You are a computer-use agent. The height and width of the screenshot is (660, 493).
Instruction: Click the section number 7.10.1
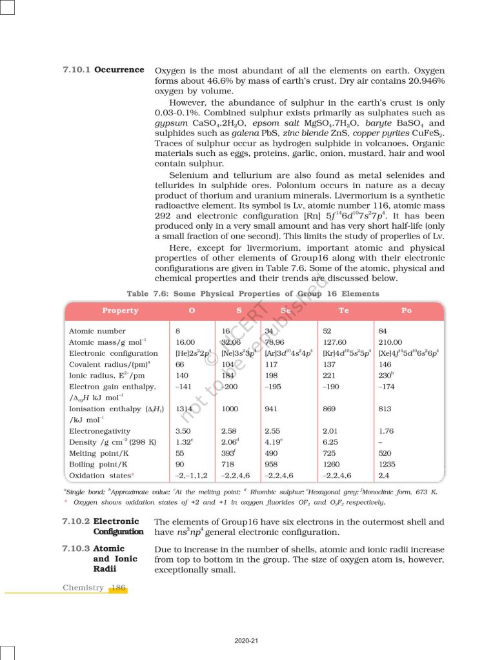coord(77,69)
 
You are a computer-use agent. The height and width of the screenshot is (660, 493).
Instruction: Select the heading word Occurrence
coord(119,69)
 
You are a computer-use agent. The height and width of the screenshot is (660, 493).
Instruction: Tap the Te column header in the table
coord(343,310)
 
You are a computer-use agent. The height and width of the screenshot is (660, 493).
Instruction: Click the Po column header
coord(406,310)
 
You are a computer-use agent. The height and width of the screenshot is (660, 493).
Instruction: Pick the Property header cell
coord(120,310)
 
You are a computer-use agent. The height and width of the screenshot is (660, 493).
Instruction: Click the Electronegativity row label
coord(99,431)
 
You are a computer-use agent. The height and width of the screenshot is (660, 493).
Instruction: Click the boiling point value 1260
coord(332,464)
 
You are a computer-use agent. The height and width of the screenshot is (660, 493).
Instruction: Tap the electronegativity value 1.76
coord(386,431)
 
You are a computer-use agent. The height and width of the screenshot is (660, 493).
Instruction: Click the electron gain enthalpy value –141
coord(185,387)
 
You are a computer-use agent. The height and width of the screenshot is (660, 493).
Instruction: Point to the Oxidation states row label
coord(100,475)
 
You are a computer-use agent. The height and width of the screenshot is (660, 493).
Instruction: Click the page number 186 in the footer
coord(118,587)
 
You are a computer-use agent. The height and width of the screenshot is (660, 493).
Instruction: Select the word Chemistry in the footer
coord(83,587)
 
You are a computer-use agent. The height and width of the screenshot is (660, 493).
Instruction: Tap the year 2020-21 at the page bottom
coord(246,640)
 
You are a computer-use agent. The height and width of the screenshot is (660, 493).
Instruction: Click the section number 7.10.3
coord(76,548)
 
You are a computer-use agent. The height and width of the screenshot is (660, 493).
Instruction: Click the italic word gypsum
coord(171,122)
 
